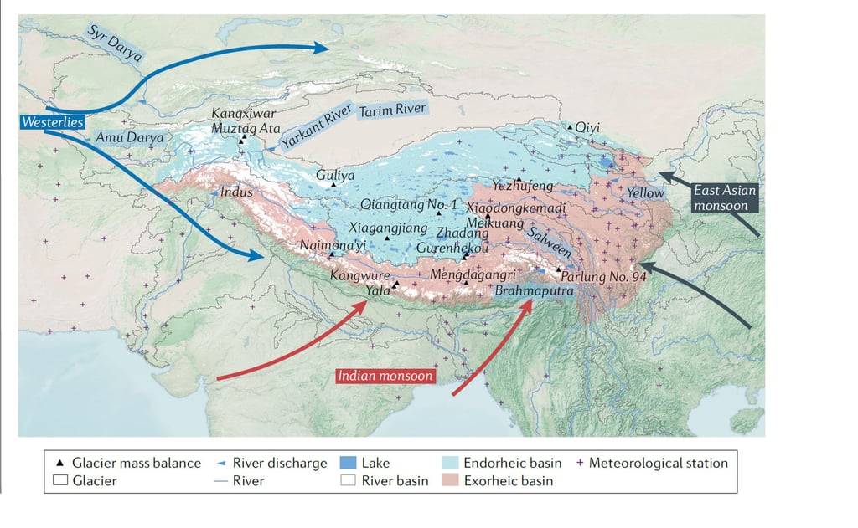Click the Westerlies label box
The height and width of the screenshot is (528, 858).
52,122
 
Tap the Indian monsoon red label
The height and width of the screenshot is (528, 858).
385,376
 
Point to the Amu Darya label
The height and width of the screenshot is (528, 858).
129,136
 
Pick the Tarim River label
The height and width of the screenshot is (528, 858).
393,110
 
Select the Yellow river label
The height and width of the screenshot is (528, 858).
645,192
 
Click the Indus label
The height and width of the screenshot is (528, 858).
236,192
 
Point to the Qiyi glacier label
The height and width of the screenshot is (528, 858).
588,127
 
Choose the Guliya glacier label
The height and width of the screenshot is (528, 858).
335,176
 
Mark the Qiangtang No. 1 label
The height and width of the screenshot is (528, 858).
409,204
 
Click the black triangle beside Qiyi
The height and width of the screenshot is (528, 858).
571,127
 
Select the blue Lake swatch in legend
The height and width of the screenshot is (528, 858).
349,462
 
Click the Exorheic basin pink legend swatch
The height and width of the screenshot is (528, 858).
451,480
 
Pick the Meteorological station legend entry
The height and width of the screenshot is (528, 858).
653,462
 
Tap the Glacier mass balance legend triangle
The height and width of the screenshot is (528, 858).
59,463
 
